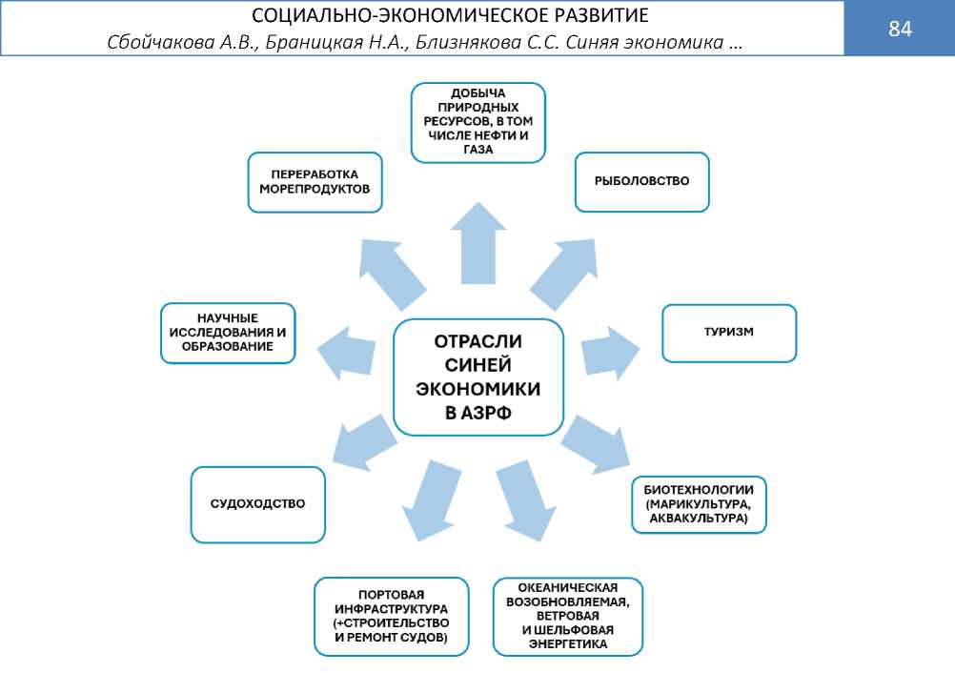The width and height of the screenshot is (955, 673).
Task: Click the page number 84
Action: (x=900, y=29)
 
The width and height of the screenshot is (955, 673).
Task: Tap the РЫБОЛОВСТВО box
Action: (x=641, y=181)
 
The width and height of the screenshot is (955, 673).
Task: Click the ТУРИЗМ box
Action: (x=728, y=333)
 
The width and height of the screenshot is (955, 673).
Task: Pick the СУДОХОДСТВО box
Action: (x=258, y=504)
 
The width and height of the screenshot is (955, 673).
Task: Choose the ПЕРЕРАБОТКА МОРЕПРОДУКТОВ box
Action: (x=315, y=181)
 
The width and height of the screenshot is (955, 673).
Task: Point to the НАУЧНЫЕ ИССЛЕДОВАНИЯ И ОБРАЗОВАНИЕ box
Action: (x=229, y=333)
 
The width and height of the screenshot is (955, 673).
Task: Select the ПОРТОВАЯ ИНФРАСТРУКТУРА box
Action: (x=392, y=616)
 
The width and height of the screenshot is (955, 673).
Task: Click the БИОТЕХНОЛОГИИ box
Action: (x=699, y=503)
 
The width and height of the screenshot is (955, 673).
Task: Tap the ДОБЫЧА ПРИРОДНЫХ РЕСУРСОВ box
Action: (x=478, y=122)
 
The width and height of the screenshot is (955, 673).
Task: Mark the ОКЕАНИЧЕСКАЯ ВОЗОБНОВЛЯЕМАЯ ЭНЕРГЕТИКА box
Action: (x=568, y=616)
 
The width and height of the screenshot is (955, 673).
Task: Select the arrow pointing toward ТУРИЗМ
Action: (x=610, y=350)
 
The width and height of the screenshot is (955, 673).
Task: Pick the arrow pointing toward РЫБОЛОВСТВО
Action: (x=568, y=272)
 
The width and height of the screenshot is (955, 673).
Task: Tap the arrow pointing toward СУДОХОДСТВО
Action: (x=361, y=439)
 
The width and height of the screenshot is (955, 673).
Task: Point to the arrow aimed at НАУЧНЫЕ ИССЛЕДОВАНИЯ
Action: (x=349, y=348)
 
